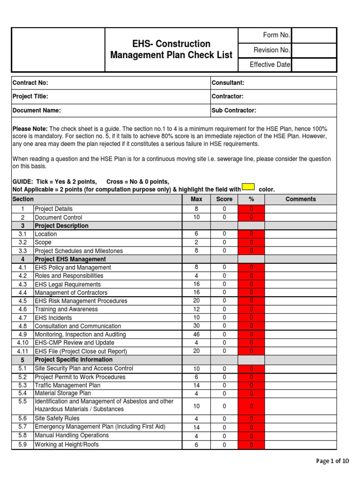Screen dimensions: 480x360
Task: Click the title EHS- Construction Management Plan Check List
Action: tap(171, 49)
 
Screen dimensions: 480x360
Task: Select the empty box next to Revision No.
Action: tap(314, 50)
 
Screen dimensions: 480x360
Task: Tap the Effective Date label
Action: tap(270, 65)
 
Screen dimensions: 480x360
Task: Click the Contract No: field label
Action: tap(31, 83)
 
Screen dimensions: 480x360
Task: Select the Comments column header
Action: tap(300, 199)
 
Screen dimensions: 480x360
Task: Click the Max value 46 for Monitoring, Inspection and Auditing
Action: tap(196, 335)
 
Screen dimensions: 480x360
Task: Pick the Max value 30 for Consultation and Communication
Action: tap(196, 326)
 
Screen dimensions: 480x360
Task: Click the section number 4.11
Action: tap(22, 352)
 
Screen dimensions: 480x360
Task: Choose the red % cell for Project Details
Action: tap(251, 209)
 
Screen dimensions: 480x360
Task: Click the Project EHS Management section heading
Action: tap(70, 259)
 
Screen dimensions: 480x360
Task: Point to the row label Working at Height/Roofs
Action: tap(67, 444)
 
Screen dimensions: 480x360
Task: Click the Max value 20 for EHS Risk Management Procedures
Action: tap(196, 301)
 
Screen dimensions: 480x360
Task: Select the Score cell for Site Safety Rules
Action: tap(224, 419)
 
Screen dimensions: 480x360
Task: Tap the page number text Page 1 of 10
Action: tap(333, 461)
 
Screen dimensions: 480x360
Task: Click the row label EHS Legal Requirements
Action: tap(67, 285)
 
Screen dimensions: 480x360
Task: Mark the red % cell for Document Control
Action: tap(251, 217)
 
